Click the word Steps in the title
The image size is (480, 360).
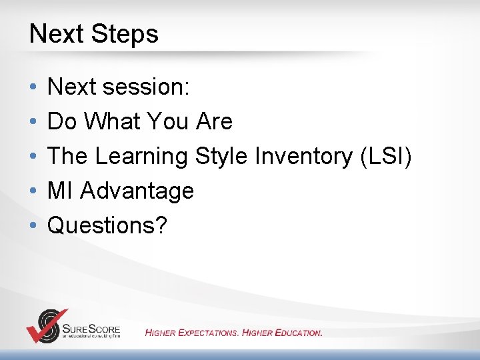pyautogui.click(x=125, y=35)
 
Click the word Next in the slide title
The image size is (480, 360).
pyautogui.click(x=56, y=33)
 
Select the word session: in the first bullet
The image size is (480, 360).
pyautogui.click(x=146, y=87)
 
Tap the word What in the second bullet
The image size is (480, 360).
pyautogui.click(x=112, y=121)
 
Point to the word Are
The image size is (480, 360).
pyautogui.click(x=214, y=121)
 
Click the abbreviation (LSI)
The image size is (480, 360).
pyautogui.click(x=386, y=157)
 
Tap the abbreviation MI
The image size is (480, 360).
pyautogui.click(x=59, y=190)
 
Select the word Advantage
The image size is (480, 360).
pyautogui.click(x=137, y=191)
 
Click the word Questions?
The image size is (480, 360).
pyautogui.click(x=107, y=225)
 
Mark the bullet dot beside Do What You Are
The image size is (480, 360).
pyautogui.click(x=33, y=121)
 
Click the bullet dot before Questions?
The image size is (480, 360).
pyautogui.click(x=33, y=225)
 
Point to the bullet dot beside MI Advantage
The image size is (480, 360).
pyautogui.click(x=33, y=191)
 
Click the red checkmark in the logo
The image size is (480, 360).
pyautogui.click(x=46, y=328)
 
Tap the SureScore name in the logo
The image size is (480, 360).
pyautogui.click(x=91, y=329)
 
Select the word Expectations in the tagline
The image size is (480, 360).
pyautogui.click(x=208, y=333)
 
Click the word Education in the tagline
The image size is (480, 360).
pyautogui.click(x=299, y=333)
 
